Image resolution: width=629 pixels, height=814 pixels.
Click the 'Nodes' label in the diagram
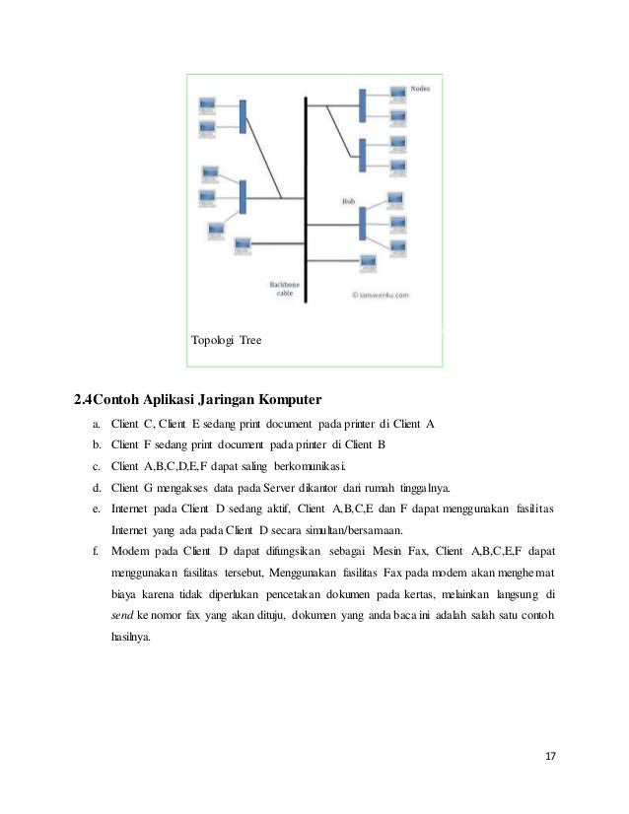(x=420, y=87)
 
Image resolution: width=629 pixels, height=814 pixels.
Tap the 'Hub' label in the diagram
(x=347, y=200)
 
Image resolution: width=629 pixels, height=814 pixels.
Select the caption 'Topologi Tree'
(x=226, y=340)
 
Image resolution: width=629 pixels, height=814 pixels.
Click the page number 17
(x=550, y=756)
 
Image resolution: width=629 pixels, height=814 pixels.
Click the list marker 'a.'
(x=97, y=424)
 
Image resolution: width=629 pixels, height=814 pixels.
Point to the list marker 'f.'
(x=97, y=551)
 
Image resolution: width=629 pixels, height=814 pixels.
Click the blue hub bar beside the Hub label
(x=362, y=223)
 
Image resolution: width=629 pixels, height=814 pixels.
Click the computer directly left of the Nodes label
(x=397, y=95)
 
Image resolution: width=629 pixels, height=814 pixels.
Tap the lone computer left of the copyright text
(x=368, y=262)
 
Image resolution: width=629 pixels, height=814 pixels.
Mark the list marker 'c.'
(x=97, y=466)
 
